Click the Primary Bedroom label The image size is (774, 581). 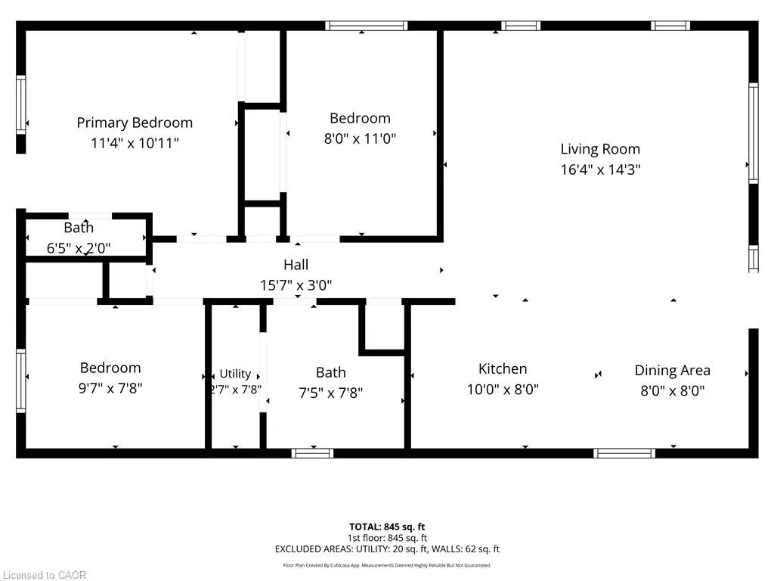pyautogui.click(x=135, y=123)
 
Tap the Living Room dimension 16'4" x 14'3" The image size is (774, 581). pyautogui.click(x=600, y=169)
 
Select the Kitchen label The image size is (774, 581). pyautogui.click(x=503, y=369)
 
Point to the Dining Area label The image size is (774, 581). pyautogui.click(x=672, y=371)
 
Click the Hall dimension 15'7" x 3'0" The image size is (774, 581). pyautogui.click(x=296, y=285)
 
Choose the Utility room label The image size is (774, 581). pyautogui.click(x=235, y=374)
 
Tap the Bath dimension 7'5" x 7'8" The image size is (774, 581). pyautogui.click(x=331, y=393)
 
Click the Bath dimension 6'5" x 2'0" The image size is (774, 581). pyautogui.click(x=79, y=248)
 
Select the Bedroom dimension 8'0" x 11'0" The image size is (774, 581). pyautogui.click(x=360, y=139)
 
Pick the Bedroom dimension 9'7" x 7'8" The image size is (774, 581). pyautogui.click(x=110, y=388)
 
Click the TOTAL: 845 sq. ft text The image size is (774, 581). pyautogui.click(x=387, y=527)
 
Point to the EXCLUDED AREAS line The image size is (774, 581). pyautogui.click(x=387, y=549)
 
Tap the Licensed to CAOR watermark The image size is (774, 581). pyautogui.click(x=45, y=575)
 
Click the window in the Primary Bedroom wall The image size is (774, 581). pyautogui.click(x=20, y=104)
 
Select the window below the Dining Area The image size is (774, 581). pyautogui.click(x=624, y=454)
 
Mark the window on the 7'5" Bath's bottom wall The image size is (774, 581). pyautogui.click(x=312, y=454)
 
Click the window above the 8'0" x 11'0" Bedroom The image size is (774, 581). pyautogui.click(x=367, y=26)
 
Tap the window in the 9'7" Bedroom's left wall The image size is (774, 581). pyautogui.click(x=20, y=381)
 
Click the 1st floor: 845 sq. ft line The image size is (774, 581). pyautogui.click(x=387, y=538)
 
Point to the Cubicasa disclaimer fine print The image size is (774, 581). pyautogui.click(x=387, y=565)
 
